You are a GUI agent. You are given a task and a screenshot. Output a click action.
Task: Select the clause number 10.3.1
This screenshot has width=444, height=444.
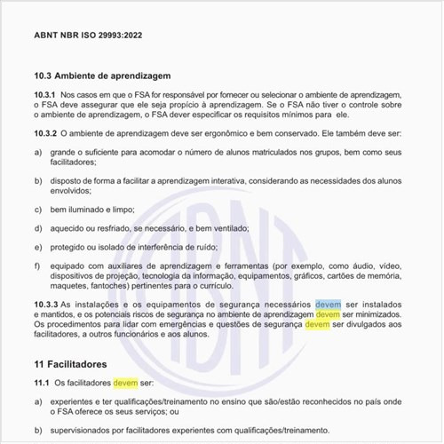point(44,94)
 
